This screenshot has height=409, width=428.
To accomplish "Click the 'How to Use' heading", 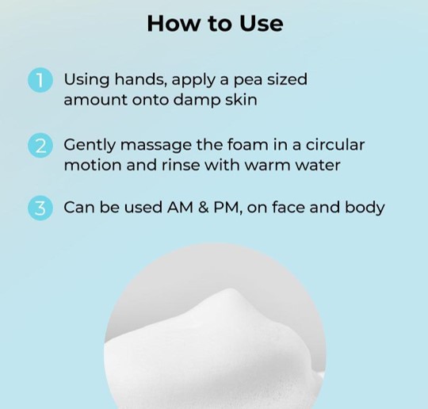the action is [x=215, y=24].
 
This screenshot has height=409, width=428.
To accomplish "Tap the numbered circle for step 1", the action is [x=40, y=80].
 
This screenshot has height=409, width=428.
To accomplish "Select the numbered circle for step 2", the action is [x=40, y=146].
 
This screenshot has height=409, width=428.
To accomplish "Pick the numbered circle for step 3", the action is [x=40, y=208].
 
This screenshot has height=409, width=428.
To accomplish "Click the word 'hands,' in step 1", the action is [x=141, y=79].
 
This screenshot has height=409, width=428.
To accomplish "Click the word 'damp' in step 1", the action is [x=197, y=100].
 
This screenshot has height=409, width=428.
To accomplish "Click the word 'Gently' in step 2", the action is [x=90, y=145].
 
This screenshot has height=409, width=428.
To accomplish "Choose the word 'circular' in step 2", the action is [x=335, y=144].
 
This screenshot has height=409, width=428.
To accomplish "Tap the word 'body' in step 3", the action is [x=365, y=208].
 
